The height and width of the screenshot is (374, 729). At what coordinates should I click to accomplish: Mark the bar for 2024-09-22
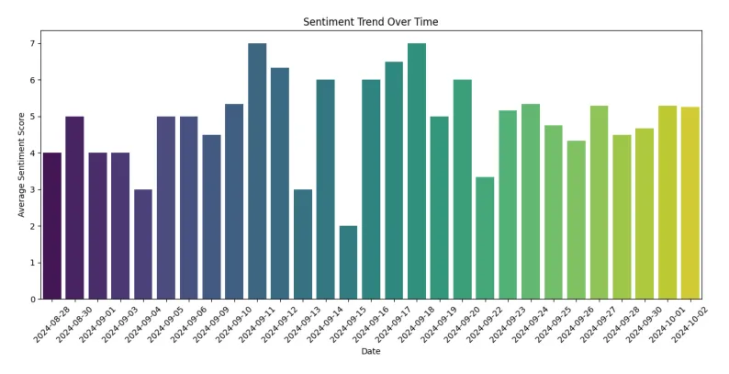[485, 238]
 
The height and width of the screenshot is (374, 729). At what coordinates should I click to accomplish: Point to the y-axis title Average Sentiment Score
[21, 164]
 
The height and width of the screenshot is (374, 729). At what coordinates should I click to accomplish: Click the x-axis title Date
[370, 351]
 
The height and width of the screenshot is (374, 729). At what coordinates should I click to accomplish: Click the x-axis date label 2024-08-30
[62, 325]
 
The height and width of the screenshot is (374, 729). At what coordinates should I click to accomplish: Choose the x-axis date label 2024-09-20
[449, 325]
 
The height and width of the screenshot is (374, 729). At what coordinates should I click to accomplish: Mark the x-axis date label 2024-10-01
[654, 325]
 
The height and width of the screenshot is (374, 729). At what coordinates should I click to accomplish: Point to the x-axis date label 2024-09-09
[198, 325]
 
